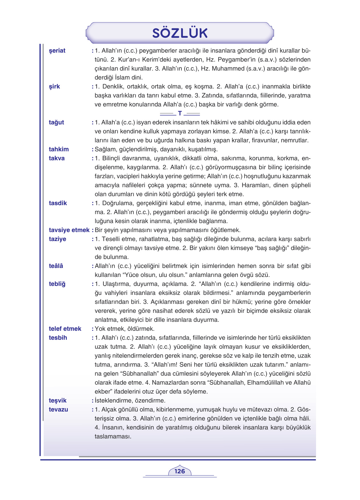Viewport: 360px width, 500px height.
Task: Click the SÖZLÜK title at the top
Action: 180,33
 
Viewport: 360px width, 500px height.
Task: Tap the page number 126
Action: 180,471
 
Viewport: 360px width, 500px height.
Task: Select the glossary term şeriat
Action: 57,51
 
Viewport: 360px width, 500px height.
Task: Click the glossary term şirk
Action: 54,87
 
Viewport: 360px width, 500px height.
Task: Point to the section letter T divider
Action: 180,114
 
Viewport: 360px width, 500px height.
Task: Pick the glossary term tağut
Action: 56,123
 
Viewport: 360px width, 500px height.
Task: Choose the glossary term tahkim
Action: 59,149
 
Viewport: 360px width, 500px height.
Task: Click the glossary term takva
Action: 57,158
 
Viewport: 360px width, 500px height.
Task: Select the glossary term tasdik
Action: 58,203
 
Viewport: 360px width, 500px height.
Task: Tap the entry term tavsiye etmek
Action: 69,230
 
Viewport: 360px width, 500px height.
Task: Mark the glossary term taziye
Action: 58,239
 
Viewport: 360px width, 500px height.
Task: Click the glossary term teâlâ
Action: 56,266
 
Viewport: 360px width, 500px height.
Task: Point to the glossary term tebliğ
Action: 57,284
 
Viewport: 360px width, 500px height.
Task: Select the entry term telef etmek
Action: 65,329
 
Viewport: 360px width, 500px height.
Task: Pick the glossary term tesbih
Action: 58,338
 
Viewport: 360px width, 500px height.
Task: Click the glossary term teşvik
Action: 58,401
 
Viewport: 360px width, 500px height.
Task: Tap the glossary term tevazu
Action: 59,410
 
